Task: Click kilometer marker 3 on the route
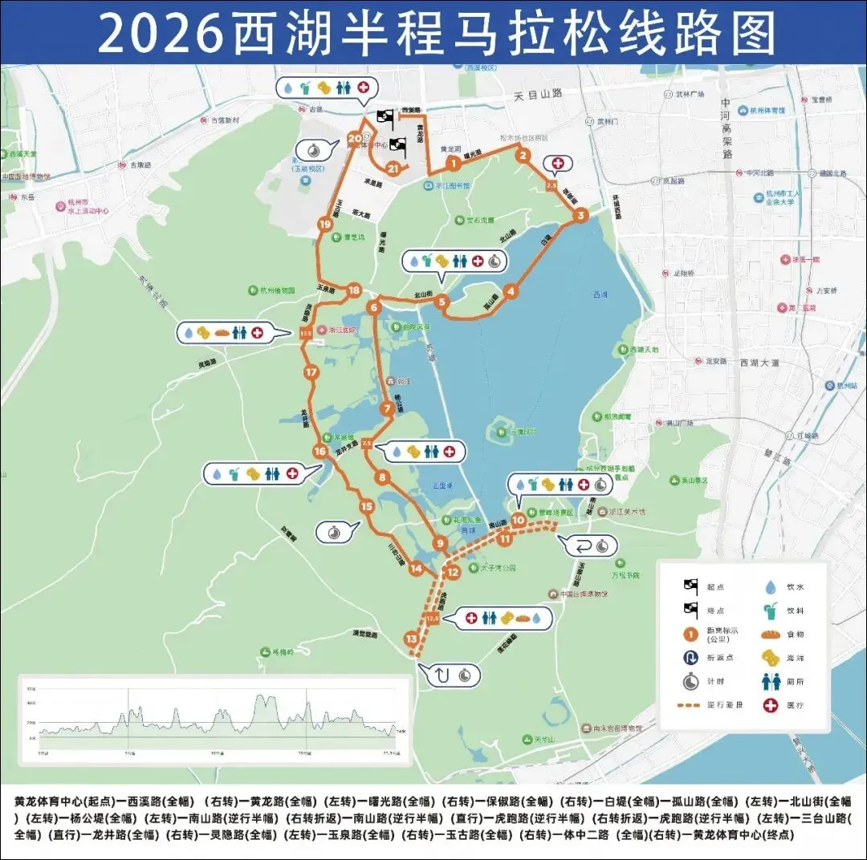pyautogui.click(x=580, y=216)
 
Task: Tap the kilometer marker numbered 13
pyautogui.click(x=412, y=639)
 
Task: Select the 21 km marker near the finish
pyautogui.click(x=393, y=168)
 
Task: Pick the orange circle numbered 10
pyautogui.click(x=518, y=520)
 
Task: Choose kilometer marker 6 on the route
pyautogui.click(x=373, y=306)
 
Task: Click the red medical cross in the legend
pyautogui.click(x=771, y=705)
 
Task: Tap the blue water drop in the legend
pyautogui.click(x=771, y=587)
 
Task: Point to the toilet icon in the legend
pyautogui.click(x=771, y=682)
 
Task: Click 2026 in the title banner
pyautogui.click(x=161, y=33)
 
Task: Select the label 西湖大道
pyautogui.click(x=759, y=363)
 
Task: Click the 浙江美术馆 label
pyautogui.click(x=627, y=511)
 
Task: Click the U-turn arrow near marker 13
pyautogui.click(x=443, y=675)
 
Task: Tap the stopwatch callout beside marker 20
pyautogui.click(x=312, y=149)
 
